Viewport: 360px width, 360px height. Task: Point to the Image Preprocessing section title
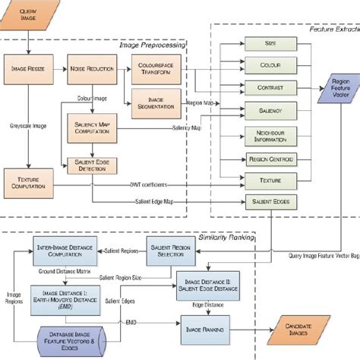pos(152,45)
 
